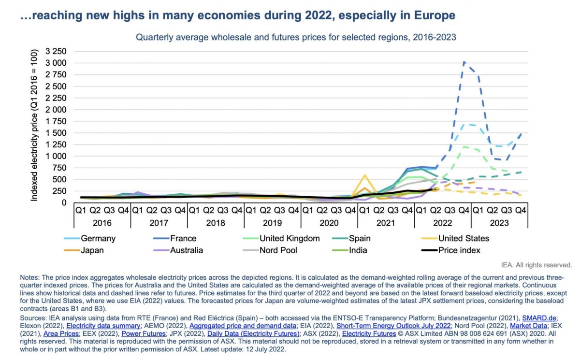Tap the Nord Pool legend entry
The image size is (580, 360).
279,250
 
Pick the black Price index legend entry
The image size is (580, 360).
459,250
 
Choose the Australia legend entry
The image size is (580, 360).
186,250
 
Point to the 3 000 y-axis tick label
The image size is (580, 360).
57,63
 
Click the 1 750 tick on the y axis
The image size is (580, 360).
57,121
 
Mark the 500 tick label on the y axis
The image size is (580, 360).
60,179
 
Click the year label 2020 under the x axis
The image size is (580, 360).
329,223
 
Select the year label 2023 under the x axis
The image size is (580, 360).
499,223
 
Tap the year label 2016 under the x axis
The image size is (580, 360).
102,223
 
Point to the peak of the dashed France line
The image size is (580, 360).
464,62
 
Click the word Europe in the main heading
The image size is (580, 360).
434,15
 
